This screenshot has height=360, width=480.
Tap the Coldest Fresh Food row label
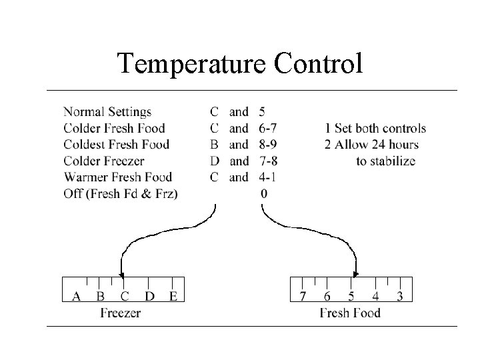[117, 145]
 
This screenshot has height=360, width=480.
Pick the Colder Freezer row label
[104, 161]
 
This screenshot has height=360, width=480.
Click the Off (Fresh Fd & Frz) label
[125, 193]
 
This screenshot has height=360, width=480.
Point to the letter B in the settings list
[214, 145]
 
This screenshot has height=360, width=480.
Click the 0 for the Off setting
[265, 193]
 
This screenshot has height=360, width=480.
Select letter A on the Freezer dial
[76, 296]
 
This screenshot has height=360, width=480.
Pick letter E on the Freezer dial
[173, 296]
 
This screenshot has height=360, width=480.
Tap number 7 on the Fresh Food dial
[303, 296]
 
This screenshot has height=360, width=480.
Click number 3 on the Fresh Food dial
[400, 296]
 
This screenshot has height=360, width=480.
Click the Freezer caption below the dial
[121, 313]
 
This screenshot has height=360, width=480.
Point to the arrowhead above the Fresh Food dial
[355, 274]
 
